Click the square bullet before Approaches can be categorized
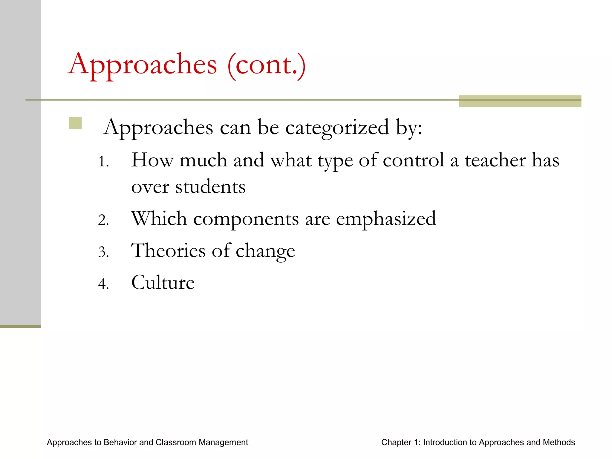(75, 123)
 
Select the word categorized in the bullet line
(337, 128)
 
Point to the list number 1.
(103, 162)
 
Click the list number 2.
(103, 220)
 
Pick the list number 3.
(103, 252)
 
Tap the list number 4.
(103, 284)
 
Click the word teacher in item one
(495, 160)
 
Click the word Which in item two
(159, 218)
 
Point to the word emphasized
(386, 219)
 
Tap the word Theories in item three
(168, 250)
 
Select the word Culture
(163, 282)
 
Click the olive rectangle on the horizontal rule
(520, 101)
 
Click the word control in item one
(414, 160)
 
